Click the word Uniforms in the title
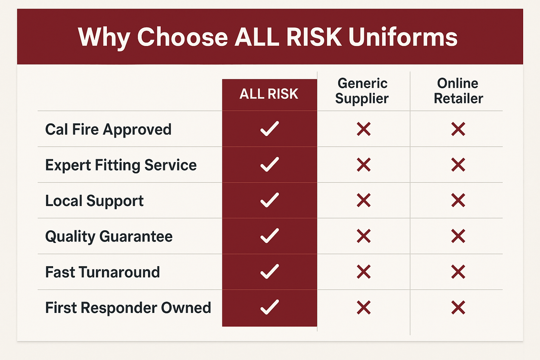tap(403, 37)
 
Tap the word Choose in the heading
tap(182, 37)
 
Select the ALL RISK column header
tap(269, 94)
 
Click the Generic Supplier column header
tap(362, 91)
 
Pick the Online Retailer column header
tap(458, 91)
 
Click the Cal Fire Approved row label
tap(108, 129)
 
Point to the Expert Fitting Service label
tap(121, 165)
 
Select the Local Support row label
tap(94, 201)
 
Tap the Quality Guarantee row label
tap(109, 236)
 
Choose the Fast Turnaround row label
tap(102, 272)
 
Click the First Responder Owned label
tap(128, 308)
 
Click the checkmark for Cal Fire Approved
tap(269, 129)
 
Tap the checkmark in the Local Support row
tap(269, 200)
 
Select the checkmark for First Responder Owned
tap(269, 307)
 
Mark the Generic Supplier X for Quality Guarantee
tap(364, 236)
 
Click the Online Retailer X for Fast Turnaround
tap(458, 272)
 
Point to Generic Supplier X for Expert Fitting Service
tap(364, 165)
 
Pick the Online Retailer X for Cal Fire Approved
tap(458, 129)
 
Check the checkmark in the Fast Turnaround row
tap(269, 271)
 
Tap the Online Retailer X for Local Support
tap(458, 200)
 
